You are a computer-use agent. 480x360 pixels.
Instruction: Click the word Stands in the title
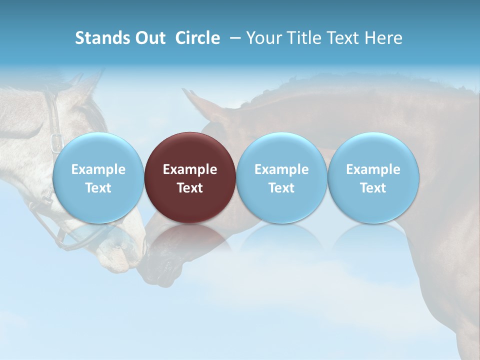(100, 38)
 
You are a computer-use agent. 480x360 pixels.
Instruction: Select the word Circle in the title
(197, 38)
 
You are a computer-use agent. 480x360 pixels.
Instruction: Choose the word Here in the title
(383, 38)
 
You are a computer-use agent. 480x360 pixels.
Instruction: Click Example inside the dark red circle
(190, 169)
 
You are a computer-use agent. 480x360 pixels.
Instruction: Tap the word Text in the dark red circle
(190, 188)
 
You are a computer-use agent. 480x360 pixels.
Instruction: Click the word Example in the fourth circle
(373, 169)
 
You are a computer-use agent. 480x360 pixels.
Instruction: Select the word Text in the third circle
(281, 188)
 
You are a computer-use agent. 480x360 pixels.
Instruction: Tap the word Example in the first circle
(98, 169)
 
